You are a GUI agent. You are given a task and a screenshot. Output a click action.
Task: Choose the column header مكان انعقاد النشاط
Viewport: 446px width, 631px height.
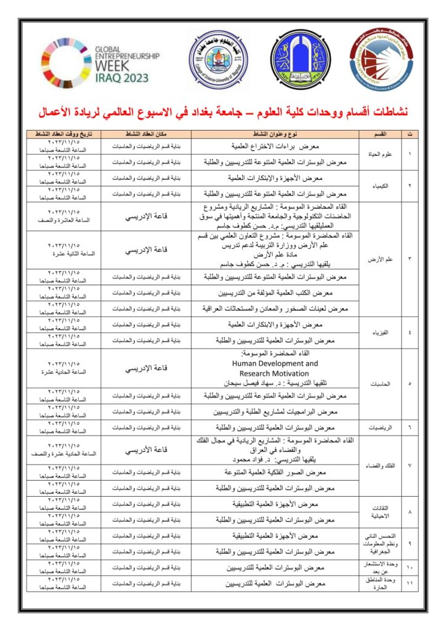(145, 134)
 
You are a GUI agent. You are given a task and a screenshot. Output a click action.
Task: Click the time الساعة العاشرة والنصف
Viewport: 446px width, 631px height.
(63, 221)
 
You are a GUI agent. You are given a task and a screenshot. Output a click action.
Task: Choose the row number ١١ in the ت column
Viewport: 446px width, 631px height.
(410, 584)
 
